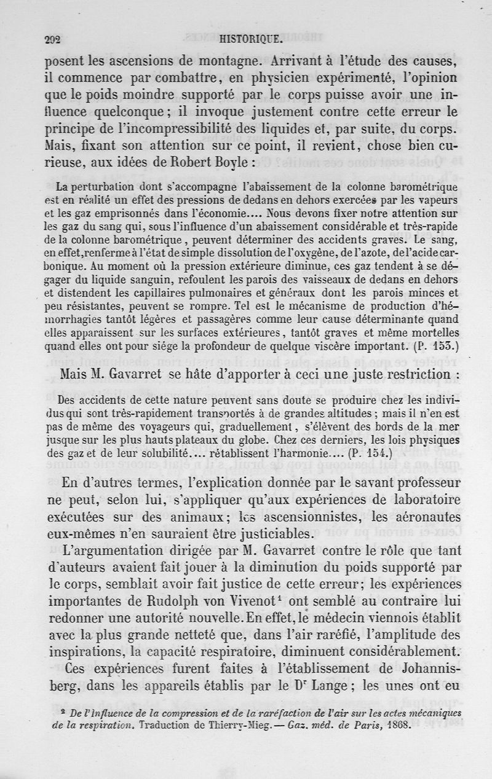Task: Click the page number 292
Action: pos(53,40)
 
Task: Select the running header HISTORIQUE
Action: pos(250,40)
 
